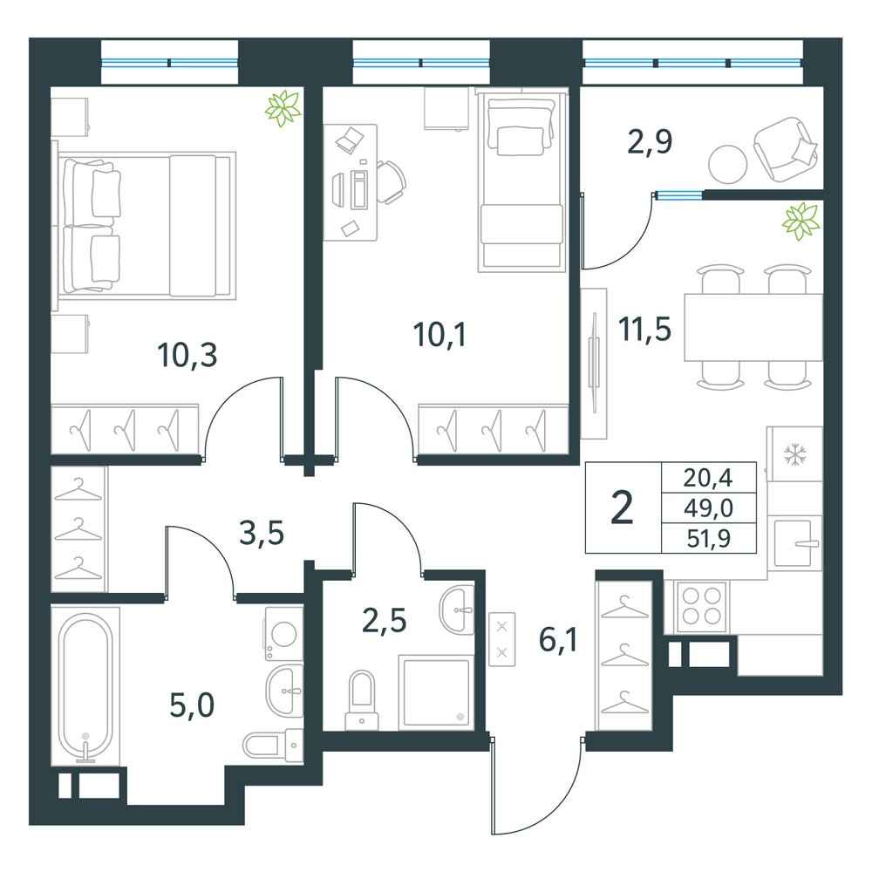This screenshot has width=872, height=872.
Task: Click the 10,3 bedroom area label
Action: point(187,355)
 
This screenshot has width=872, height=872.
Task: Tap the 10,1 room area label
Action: point(439,335)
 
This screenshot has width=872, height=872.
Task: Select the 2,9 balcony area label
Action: point(650,141)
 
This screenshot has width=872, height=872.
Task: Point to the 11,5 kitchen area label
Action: point(645,329)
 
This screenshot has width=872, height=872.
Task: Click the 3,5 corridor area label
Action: point(262,533)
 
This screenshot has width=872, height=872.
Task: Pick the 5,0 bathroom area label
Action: point(192,705)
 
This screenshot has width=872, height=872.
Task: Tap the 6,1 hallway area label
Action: point(558,639)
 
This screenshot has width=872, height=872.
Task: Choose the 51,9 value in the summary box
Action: point(708,538)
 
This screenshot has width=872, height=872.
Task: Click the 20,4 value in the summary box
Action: point(708,477)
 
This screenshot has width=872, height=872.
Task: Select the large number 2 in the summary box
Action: point(622,508)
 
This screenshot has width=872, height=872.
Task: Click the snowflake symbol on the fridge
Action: point(794,453)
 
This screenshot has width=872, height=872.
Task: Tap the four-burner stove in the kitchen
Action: point(701,606)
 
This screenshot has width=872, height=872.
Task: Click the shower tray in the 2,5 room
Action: point(436,691)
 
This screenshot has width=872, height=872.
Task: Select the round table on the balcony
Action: point(727,164)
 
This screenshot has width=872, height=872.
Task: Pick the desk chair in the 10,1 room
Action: point(391,182)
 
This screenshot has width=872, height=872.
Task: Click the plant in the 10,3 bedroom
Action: point(283,108)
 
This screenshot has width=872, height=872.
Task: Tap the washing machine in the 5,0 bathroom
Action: point(283,633)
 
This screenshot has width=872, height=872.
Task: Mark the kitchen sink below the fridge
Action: point(794,542)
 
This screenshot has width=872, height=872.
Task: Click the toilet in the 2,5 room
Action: point(362,700)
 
